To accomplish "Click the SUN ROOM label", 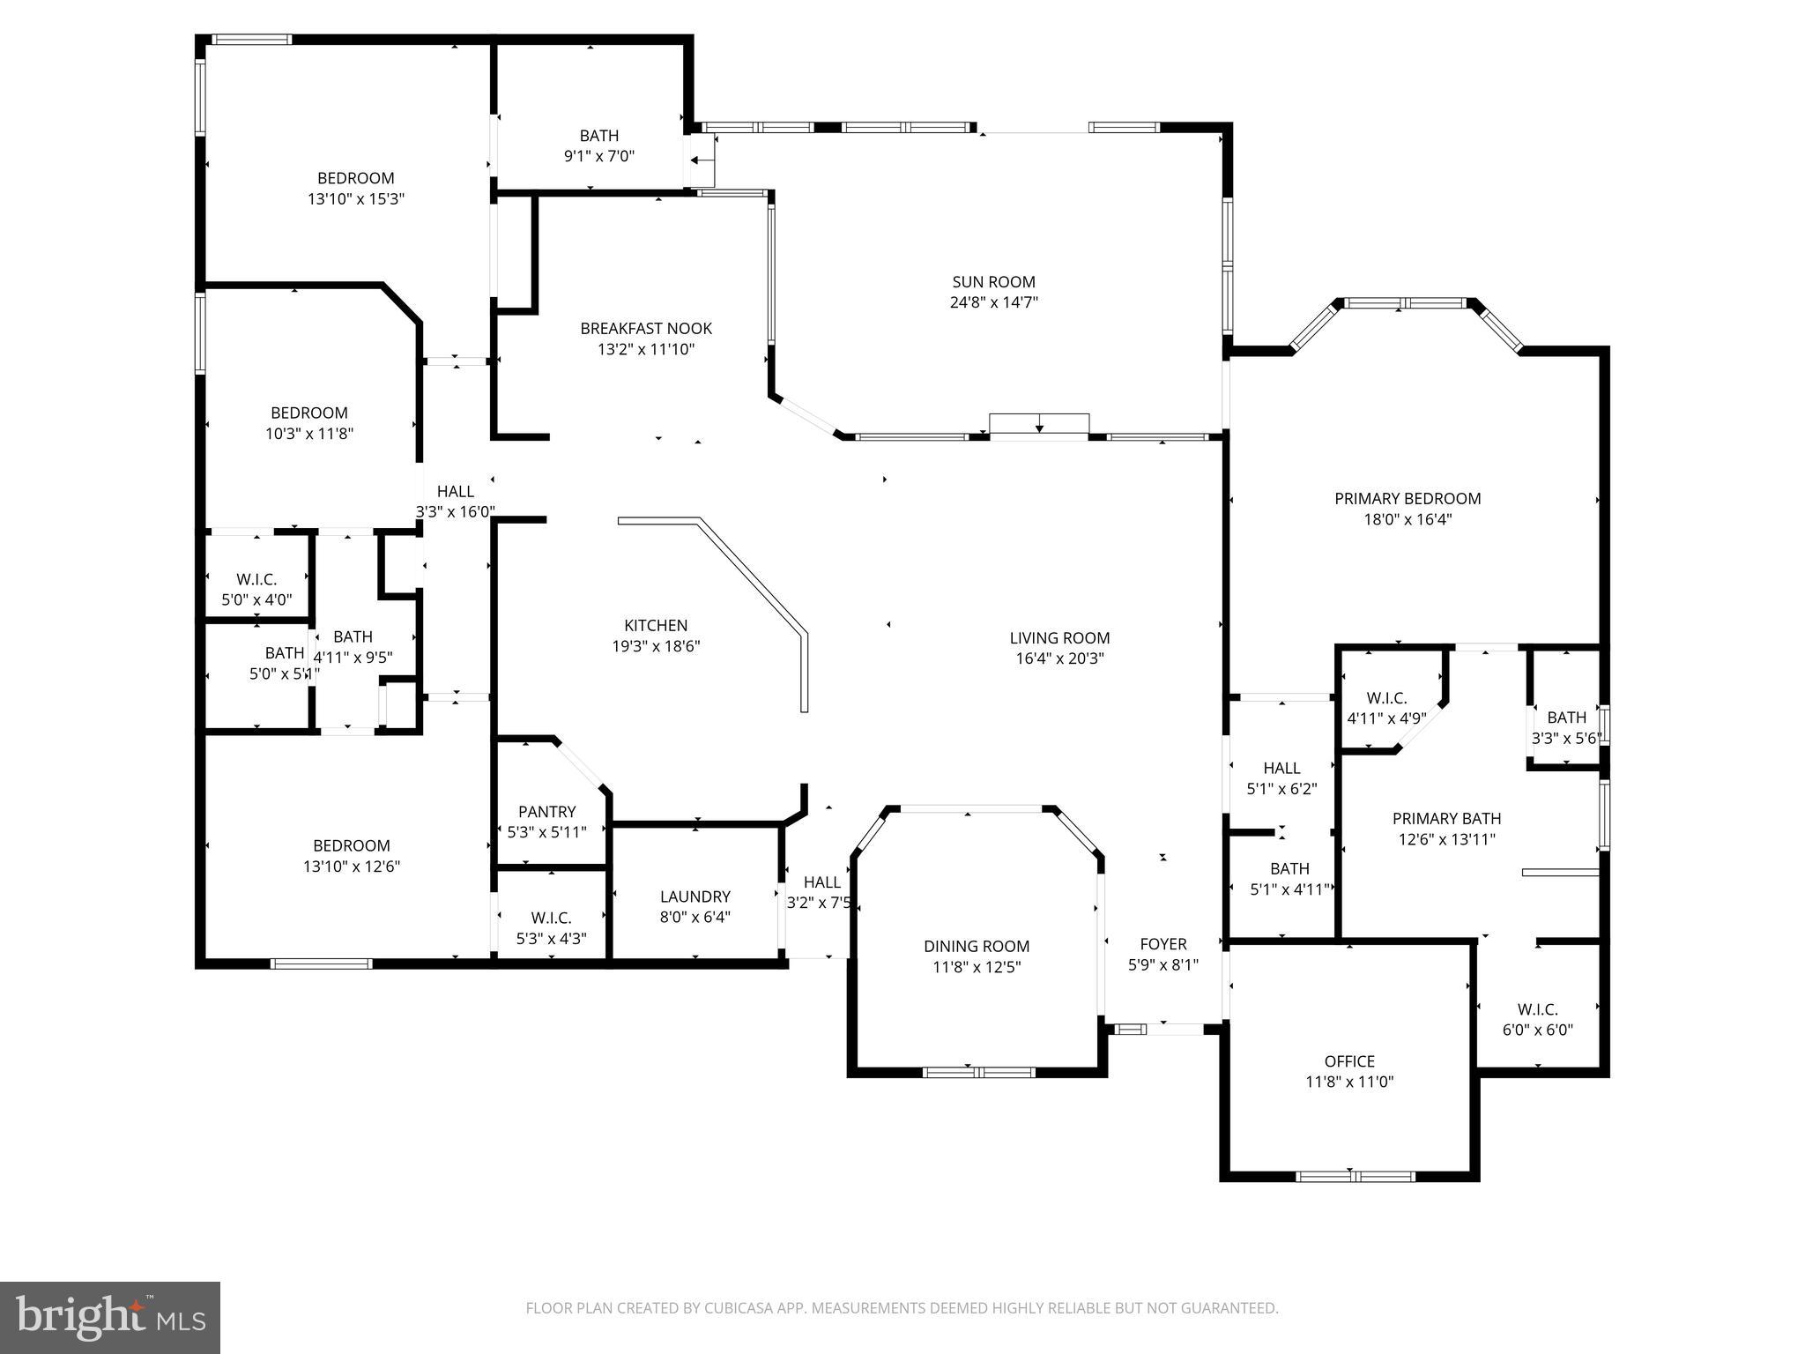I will coord(993,282).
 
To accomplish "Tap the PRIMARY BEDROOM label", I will coord(1408,499).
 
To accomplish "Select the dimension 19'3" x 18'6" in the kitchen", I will coord(656,646).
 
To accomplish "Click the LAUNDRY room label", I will coord(695,896).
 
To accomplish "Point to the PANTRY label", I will coord(546,812).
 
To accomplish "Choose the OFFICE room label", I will coord(1349,1061).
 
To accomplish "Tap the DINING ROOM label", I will coord(977,946).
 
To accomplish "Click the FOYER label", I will coord(1163,944).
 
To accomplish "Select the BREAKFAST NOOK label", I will coord(646,329).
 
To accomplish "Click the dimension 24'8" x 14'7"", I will coord(993,302).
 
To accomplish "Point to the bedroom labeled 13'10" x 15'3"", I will coord(355,178).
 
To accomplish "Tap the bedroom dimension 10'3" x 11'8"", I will coord(309,434).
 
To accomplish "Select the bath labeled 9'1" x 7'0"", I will coord(599,136).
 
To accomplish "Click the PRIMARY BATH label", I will coord(1446,819).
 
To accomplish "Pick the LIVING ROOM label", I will coord(1059,638).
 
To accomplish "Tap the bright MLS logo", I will coord(109,1317).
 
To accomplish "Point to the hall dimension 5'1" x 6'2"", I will coord(1281,789).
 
